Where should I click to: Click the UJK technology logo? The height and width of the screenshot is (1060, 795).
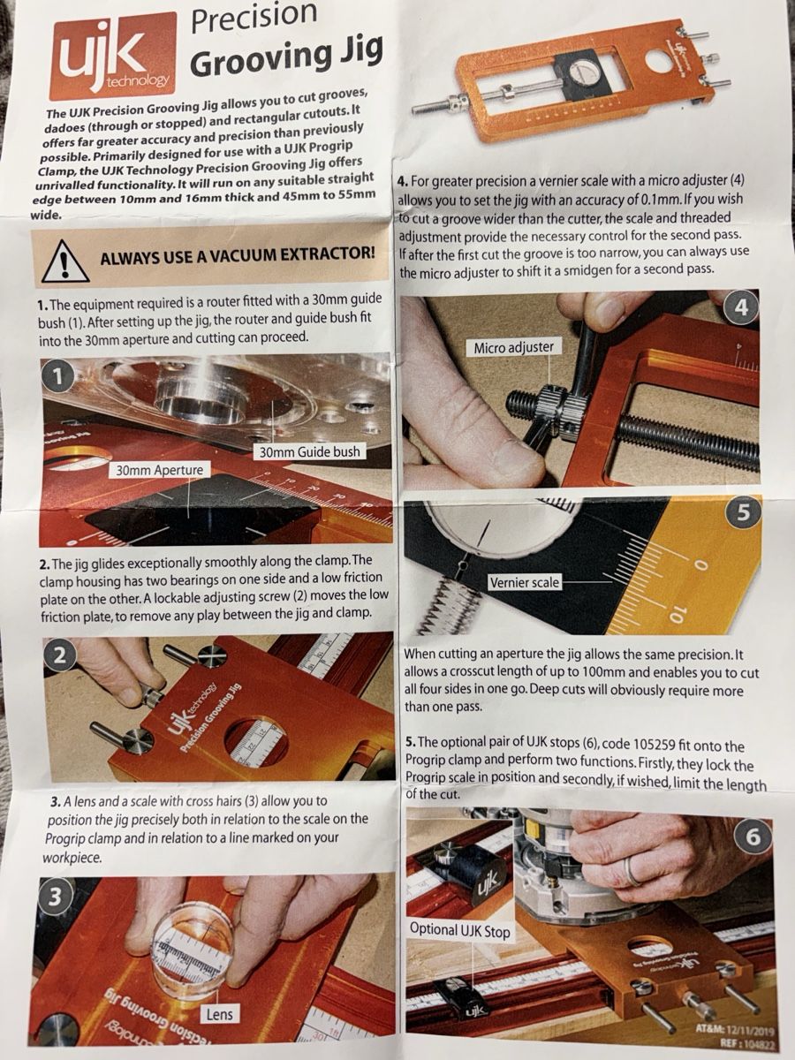point(112,54)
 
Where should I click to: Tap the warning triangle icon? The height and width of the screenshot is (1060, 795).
point(65,261)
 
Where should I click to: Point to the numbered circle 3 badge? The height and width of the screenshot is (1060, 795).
point(54,897)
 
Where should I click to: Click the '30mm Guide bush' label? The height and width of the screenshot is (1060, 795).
point(310,452)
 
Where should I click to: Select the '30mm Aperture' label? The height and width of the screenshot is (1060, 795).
point(159,470)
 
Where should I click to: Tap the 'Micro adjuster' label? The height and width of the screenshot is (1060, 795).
point(513,348)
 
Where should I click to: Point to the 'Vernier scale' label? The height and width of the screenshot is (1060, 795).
point(524,583)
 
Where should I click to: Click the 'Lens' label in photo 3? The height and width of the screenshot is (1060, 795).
point(220,1014)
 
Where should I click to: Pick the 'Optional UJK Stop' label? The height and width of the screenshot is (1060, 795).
point(460,930)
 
